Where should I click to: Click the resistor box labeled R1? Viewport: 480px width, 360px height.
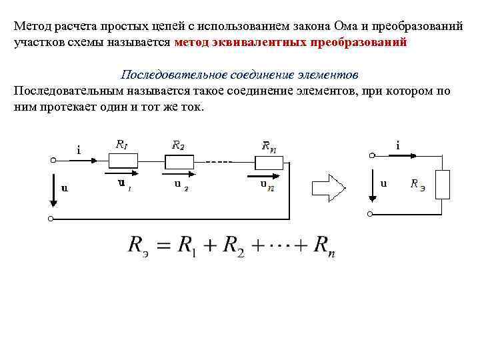(x=123, y=160)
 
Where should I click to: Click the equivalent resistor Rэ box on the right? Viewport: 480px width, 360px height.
(x=442, y=185)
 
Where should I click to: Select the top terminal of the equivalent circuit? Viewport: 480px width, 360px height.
(x=372, y=155)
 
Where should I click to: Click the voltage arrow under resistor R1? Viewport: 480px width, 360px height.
(x=121, y=177)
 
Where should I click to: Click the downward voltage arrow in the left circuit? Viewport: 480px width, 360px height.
(x=53, y=189)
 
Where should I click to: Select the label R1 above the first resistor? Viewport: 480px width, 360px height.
(x=121, y=143)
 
